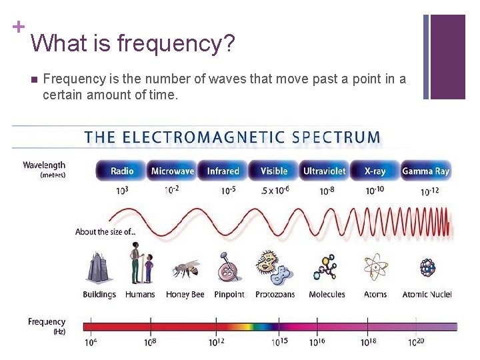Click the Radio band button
pyautogui.click(x=122, y=171)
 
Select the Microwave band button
pyautogui.click(x=173, y=171)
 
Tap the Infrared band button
pyautogui.click(x=223, y=171)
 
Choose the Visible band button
pyautogui.click(x=273, y=171)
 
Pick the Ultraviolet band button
pyautogui.click(x=324, y=171)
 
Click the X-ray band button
pyautogui.click(x=375, y=171)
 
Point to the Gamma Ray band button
pyautogui.click(x=426, y=171)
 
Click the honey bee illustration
pyautogui.click(x=185, y=269)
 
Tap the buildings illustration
pyautogui.click(x=99, y=268)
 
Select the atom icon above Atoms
pyautogui.click(x=375, y=268)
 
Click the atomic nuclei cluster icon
pyautogui.click(x=427, y=268)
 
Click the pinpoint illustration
pyautogui.click(x=229, y=268)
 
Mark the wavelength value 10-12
pyautogui.click(x=429, y=191)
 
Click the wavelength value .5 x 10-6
pyautogui.click(x=274, y=191)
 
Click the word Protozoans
pyautogui.click(x=275, y=295)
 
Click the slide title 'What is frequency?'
pyautogui.click(x=133, y=44)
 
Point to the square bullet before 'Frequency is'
pyautogui.click(x=33, y=79)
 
